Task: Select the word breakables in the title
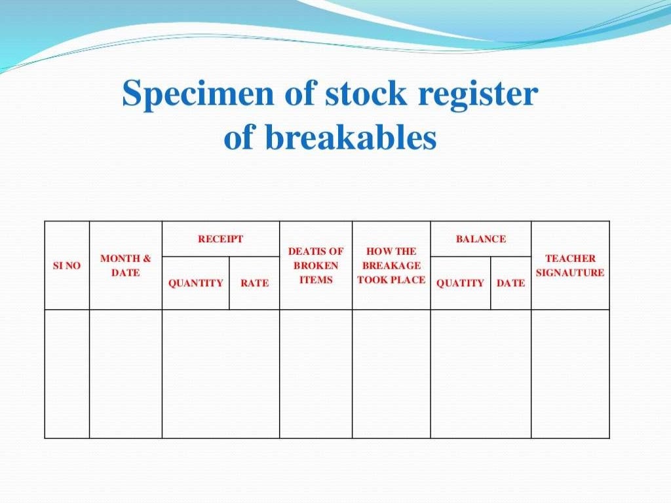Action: (x=351, y=138)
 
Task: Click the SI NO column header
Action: (x=67, y=266)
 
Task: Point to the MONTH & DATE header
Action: (x=125, y=265)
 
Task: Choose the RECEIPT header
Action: (x=220, y=239)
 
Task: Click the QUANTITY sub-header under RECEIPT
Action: (x=195, y=283)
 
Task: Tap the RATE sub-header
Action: (x=254, y=283)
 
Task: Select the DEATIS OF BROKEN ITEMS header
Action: (x=316, y=265)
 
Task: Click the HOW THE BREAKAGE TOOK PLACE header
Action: (x=391, y=265)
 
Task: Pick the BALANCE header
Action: (x=480, y=239)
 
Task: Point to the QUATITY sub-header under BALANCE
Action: (x=460, y=283)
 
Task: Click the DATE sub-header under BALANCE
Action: (x=510, y=283)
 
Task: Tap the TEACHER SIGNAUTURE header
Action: (x=570, y=265)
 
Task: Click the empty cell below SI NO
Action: (x=67, y=373)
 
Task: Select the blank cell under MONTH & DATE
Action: (x=125, y=373)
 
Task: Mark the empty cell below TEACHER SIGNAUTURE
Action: (x=570, y=373)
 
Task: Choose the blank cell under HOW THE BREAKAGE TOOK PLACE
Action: (x=391, y=373)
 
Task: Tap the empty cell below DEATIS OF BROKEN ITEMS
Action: (x=316, y=373)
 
